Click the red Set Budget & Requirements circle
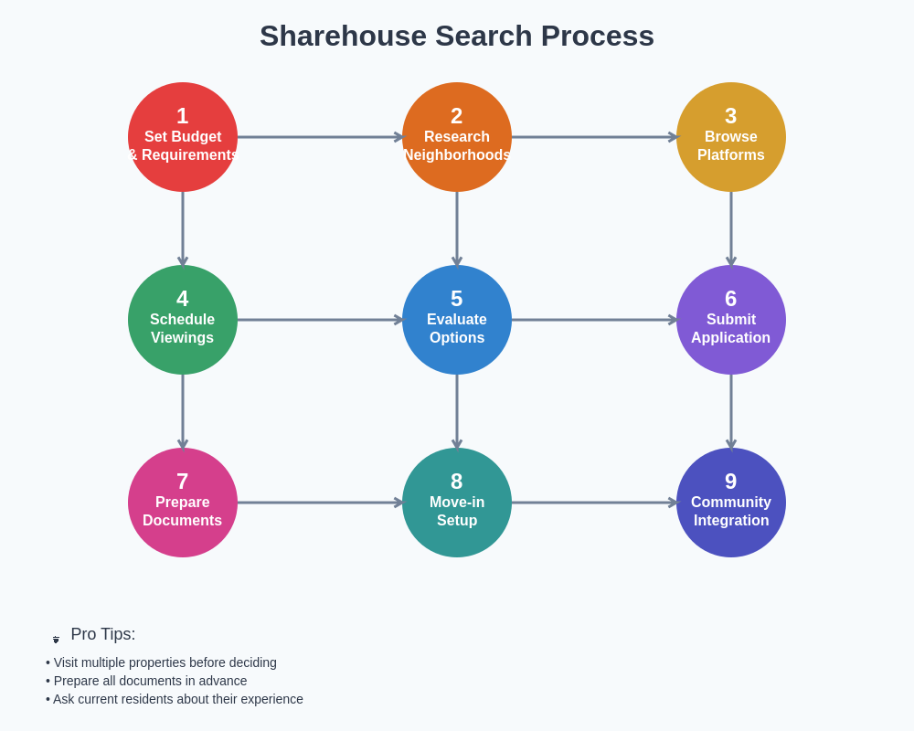click(x=183, y=137)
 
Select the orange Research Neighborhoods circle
click(x=457, y=137)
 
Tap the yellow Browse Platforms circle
click(x=731, y=137)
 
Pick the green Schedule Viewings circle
click(x=183, y=320)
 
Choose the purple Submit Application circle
click(x=731, y=320)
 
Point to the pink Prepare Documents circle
click(x=183, y=503)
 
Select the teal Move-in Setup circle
click(x=457, y=503)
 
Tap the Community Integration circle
click(x=731, y=503)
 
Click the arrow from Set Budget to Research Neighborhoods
click(x=320, y=137)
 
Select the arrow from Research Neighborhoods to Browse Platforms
click(x=594, y=137)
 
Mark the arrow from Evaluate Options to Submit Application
click(x=594, y=320)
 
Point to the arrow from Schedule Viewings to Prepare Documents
click(x=183, y=411)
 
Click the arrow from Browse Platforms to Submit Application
click(x=731, y=228)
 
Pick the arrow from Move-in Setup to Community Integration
click(x=594, y=503)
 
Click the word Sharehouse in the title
click(x=343, y=36)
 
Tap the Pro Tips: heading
click(x=102, y=634)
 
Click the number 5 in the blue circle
click(x=457, y=299)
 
